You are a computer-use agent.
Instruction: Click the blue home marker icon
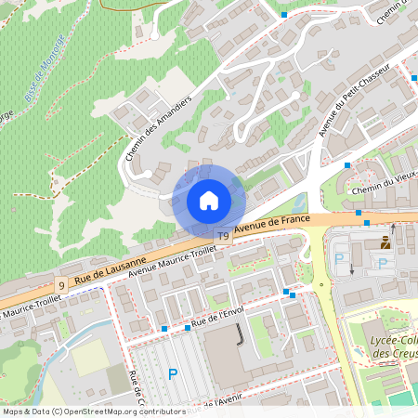click(x=209, y=201)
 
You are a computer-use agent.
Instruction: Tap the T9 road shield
click(x=223, y=237)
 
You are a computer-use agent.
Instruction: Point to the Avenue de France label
click(x=271, y=224)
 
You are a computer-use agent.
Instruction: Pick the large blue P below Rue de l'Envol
click(x=172, y=374)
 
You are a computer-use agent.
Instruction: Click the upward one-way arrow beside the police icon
click(x=392, y=228)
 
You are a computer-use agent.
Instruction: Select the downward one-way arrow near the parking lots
click(x=352, y=269)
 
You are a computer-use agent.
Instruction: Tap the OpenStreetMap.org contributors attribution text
click(x=120, y=411)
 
